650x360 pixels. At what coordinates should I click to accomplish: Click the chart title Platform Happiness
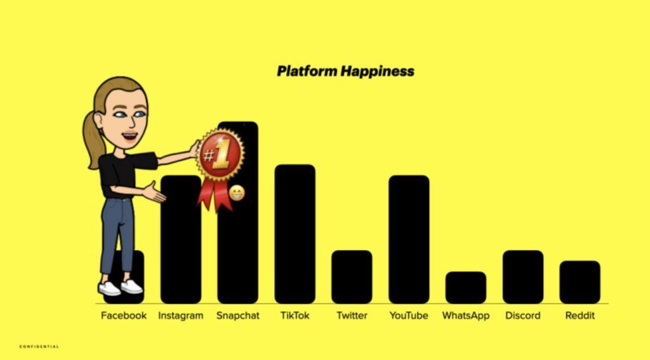click(345, 71)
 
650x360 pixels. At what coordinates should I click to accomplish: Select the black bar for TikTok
click(295, 234)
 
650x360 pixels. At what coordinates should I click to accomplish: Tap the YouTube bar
click(409, 239)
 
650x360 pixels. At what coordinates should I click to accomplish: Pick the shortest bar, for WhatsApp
click(466, 288)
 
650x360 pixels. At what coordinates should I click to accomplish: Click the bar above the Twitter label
click(352, 277)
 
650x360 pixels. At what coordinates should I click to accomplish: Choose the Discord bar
click(523, 277)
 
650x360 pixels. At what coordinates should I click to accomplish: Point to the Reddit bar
click(580, 282)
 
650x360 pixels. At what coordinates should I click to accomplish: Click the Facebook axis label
click(124, 316)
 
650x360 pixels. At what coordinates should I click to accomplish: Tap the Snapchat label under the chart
click(237, 316)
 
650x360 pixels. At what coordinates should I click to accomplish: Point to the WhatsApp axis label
click(466, 316)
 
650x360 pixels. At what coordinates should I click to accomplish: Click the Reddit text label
click(580, 316)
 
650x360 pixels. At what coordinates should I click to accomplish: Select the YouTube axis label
click(409, 316)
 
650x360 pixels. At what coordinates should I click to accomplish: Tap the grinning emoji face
click(237, 193)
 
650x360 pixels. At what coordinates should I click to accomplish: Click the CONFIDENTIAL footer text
click(39, 347)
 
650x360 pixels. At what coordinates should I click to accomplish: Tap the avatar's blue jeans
click(117, 234)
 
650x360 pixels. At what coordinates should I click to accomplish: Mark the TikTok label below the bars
click(295, 316)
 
